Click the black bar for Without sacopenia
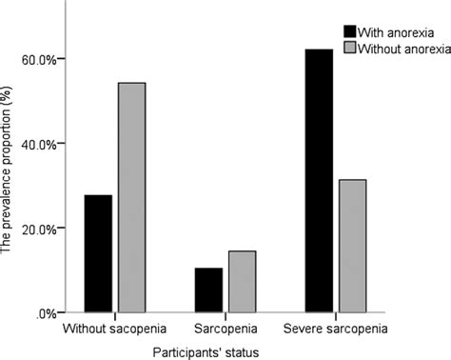click(98, 253)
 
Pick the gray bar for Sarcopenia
click(242, 281)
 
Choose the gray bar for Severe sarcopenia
click(352, 246)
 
